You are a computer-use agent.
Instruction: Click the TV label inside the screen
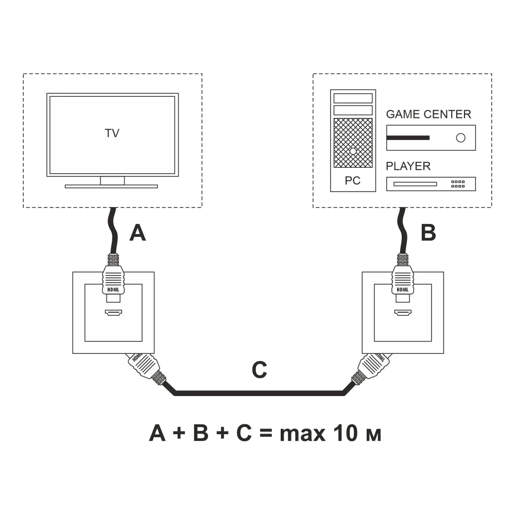[x=112, y=133]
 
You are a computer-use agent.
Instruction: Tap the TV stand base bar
[x=111, y=186]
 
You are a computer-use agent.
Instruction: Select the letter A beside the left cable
[x=138, y=233]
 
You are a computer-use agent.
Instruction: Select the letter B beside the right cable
[x=428, y=233]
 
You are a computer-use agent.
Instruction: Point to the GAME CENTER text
[x=428, y=114]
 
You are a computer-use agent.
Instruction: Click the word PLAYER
[x=408, y=166]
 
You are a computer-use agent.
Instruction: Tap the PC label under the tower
[x=353, y=181]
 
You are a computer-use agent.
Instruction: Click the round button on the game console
[x=460, y=138]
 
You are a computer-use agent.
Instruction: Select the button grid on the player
[x=458, y=184]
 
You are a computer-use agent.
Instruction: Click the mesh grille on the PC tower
[x=353, y=143]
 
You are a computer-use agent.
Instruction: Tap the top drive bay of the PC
[x=353, y=98]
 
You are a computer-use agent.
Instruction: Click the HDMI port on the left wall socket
[x=113, y=313]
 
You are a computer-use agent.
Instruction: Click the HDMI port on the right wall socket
[x=402, y=313]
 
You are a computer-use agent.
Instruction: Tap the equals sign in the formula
[x=264, y=434]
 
